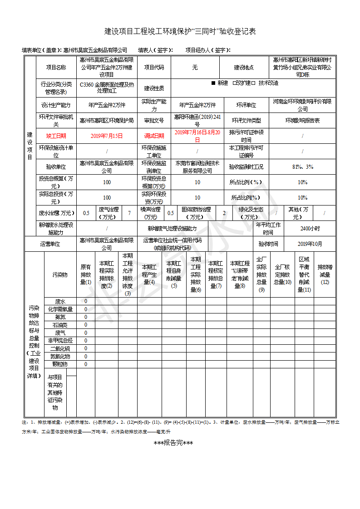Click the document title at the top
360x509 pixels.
[180, 31]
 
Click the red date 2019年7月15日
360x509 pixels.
[107, 136]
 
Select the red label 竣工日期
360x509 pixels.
[56, 136]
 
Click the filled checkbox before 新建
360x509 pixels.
[213, 83]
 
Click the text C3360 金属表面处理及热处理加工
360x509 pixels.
[107, 88]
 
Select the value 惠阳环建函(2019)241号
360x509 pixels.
[197, 121]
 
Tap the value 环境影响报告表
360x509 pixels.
[302, 121]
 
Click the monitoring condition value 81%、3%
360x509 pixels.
[302, 167]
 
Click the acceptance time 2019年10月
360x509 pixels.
[310, 244]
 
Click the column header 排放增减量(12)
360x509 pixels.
[325, 274]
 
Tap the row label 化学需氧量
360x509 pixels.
[60, 309]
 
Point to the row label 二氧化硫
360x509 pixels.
[60, 348]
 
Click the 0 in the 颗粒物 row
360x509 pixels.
[85, 364]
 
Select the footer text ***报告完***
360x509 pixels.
[173, 443]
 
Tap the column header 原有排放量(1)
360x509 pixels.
[85, 274]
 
